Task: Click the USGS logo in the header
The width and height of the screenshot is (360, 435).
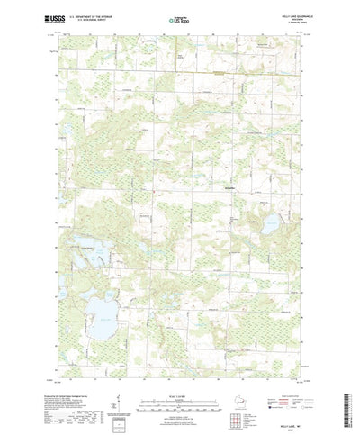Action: tap(37, 18)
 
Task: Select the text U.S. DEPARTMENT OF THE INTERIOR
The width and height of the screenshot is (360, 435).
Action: tap(85, 15)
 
